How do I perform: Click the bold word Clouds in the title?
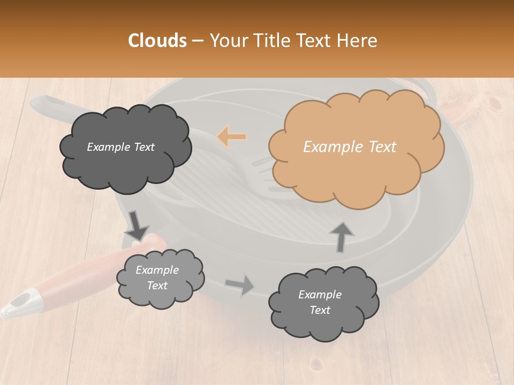point(157,41)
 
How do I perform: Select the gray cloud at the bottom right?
point(323,302)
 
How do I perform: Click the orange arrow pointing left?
point(232,137)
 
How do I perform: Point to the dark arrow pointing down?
point(137,225)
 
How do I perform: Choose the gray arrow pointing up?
point(341,236)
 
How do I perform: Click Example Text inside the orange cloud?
point(350,147)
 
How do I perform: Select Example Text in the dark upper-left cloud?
point(120,147)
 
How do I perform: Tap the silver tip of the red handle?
point(21,303)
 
